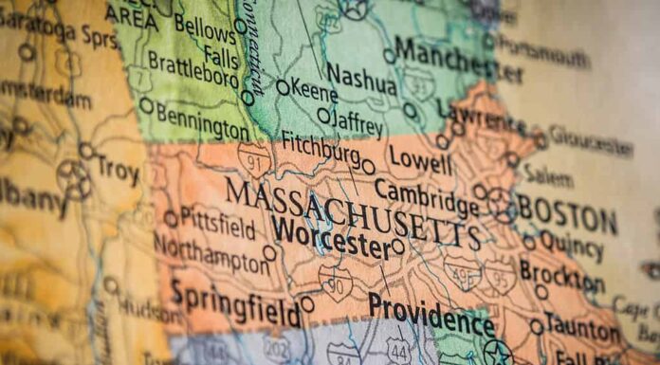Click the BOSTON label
coord(567,214)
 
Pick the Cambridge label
coord(426,196)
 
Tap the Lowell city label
coord(420,158)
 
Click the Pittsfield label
coord(218,225)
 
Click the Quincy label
coord(571,246)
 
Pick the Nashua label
coord(360,78)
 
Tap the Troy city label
coord(118,172)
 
